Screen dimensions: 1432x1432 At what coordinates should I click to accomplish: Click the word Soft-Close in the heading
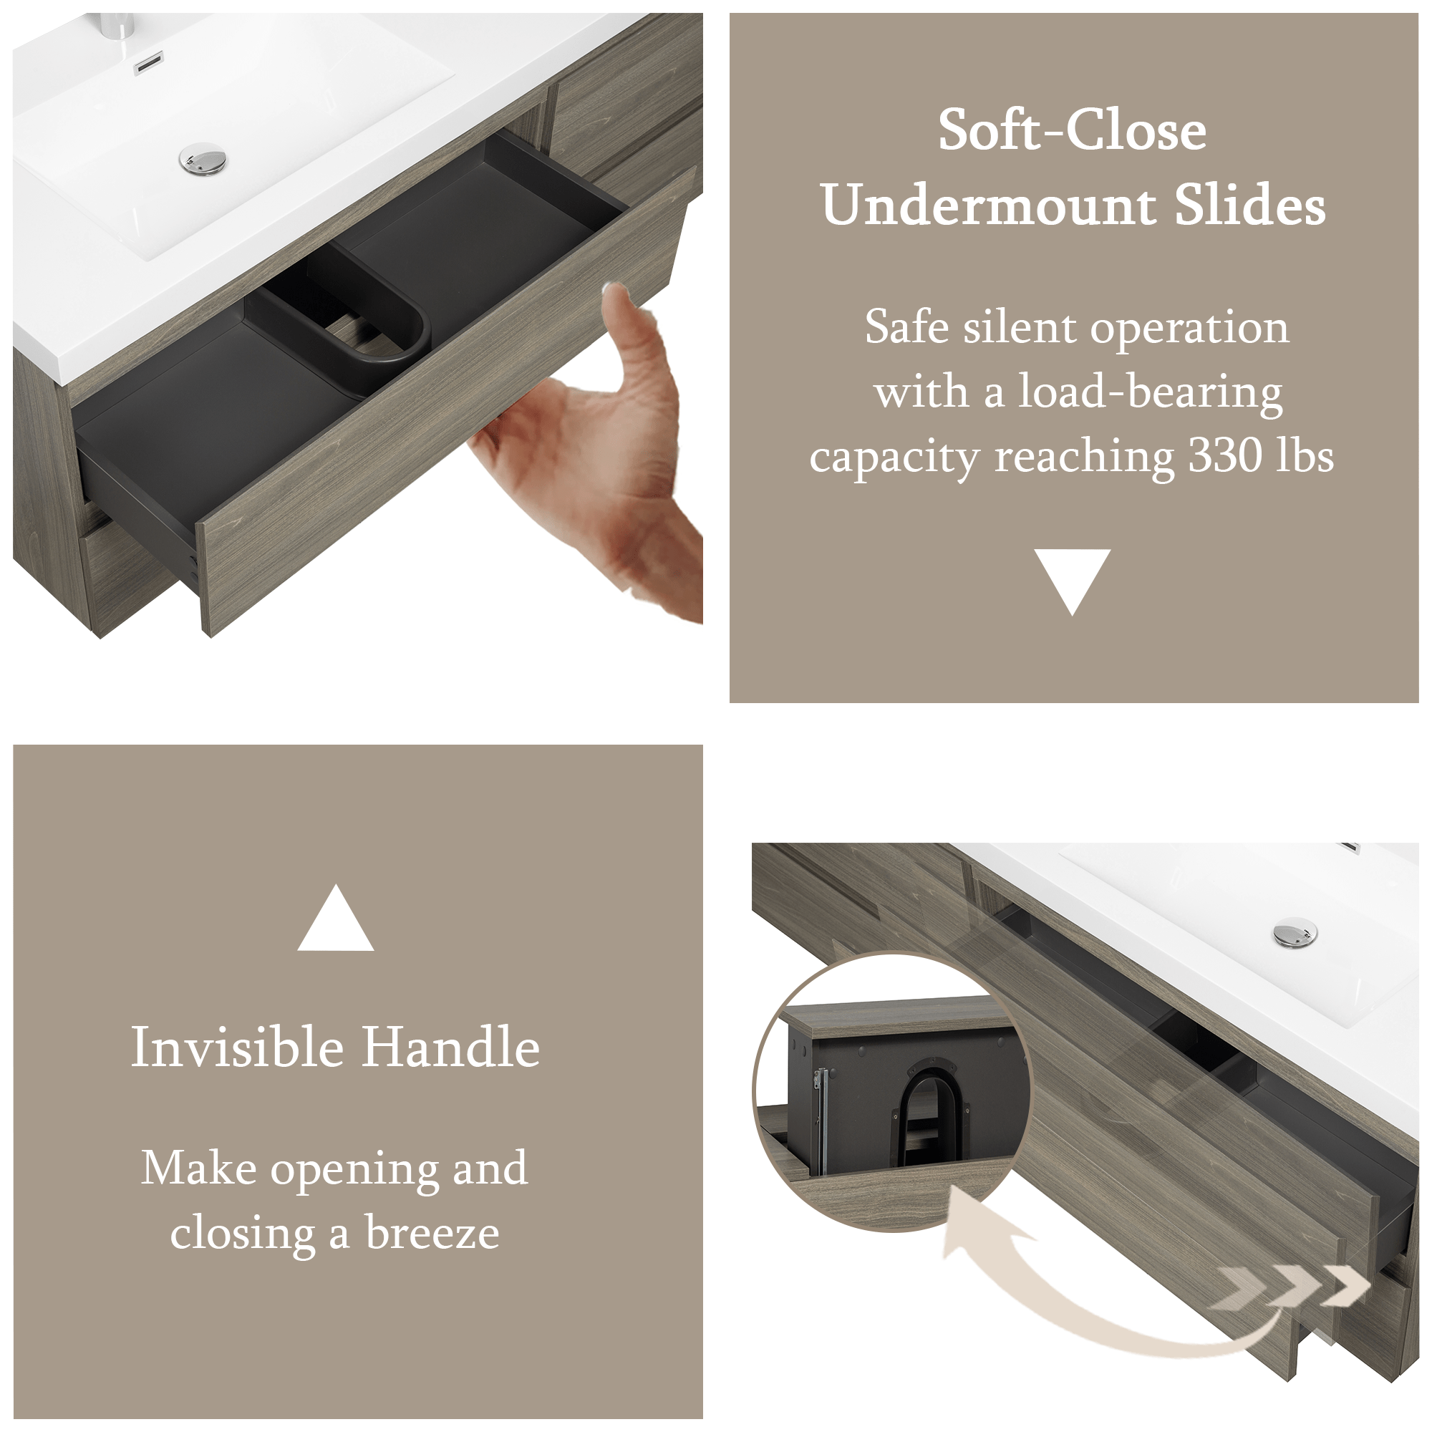click(1072, 130)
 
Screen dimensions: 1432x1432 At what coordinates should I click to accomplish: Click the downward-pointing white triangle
click(1072, 581)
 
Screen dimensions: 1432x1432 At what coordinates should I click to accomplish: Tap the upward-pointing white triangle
click(336, 918)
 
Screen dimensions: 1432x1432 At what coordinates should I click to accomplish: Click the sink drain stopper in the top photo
click(203, 160)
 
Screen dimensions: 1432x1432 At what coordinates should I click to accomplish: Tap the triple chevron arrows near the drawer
click(1290, 1285)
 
